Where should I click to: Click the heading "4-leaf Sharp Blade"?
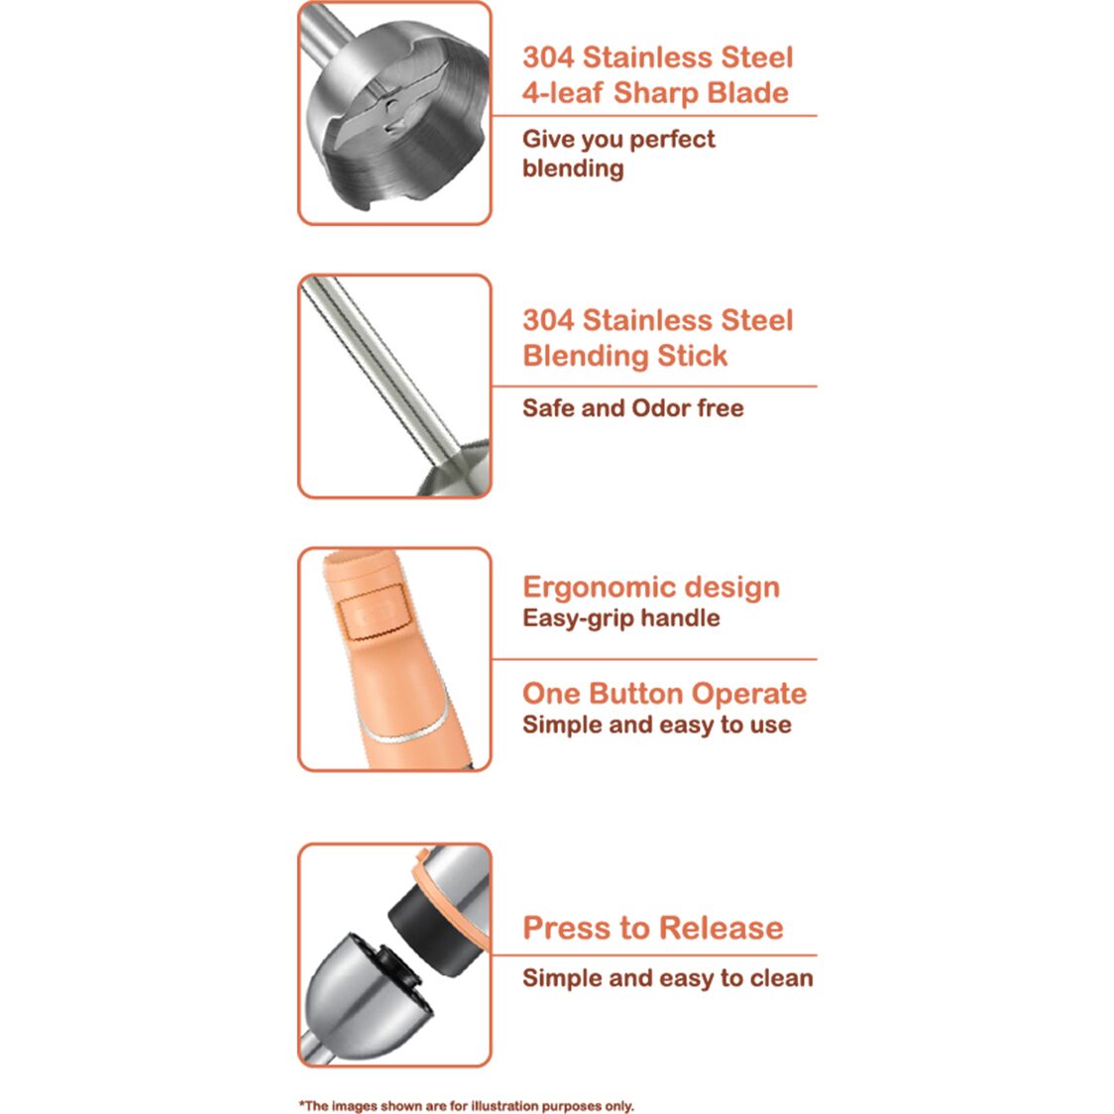pyautogui.click(x=655, y=93)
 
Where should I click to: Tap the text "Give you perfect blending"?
pyautogui.click(x=617, y=154)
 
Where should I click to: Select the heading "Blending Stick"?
pyautogui.click(x=624, y=356)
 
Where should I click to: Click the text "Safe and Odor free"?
pyautogui.click(x=632, y=408)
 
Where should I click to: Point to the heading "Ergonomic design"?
pyautogui.click(x=650, y=587)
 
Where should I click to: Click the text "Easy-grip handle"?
pyautogui.click(x=620, y=618)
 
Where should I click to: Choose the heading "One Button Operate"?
pyautogui.click(x=664, y=694)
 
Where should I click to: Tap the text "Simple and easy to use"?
pyautogui.click(x=656, y=725)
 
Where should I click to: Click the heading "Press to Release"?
pyautogui.click(x=652, y=928)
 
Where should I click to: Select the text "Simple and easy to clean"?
pyautogui.click(x=667, y=978)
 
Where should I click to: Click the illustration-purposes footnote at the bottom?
pyautogui.click(x=466, y=1106)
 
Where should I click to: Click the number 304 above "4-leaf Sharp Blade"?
pyautogui.click(x=547, y=57)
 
